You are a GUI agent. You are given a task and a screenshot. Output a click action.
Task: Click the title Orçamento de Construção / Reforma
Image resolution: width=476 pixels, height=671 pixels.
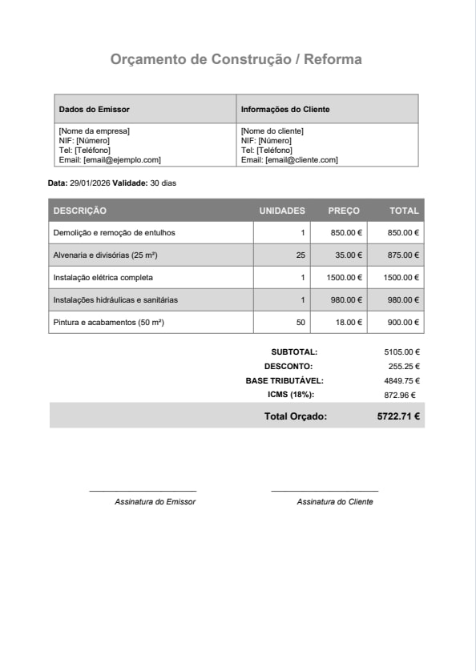pos(236,59)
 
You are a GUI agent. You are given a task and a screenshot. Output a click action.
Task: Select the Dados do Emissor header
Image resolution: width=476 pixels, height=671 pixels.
pos(94,110)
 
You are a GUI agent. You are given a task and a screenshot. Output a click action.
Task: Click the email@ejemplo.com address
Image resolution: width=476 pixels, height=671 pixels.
pos(122,160)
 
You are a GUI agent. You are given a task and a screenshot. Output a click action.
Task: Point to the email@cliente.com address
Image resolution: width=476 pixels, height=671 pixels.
pos(301,160)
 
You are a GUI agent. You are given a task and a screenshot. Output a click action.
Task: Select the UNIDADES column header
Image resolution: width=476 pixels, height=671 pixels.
pos(282,211)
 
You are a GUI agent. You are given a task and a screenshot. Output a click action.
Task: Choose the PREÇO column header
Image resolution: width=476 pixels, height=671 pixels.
pos(344,211)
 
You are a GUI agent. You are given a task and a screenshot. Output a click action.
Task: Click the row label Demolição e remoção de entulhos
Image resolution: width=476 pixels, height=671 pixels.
pos(114,233)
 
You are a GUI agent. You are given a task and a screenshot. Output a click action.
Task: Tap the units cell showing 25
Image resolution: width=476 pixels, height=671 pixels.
pos(301,255)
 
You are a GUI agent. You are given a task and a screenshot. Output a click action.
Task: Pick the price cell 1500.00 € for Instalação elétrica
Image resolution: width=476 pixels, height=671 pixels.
pos(345,278)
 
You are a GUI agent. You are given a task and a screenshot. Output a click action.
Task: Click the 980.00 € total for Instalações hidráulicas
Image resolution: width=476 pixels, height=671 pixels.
pos(404,300)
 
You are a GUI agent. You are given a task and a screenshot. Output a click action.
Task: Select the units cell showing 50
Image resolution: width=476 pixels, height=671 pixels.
pos(301,323)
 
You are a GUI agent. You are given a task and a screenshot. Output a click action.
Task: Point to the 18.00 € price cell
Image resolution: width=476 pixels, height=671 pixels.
pos(348,323)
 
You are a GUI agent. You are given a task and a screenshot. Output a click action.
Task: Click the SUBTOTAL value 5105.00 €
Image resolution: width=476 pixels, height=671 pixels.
pos(402,352)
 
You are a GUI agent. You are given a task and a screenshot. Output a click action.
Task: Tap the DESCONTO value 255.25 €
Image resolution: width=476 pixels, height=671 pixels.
pos(404,366)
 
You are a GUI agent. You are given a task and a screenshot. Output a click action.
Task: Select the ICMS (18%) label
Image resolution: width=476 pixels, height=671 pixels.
pos(291,395)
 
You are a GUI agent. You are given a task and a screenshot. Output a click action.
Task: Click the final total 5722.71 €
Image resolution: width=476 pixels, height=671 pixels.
pos(399,416)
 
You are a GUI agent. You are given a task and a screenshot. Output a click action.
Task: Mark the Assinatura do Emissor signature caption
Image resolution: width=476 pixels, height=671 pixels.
pos(155,502)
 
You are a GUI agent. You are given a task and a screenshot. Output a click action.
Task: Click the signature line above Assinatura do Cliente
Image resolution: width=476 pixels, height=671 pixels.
pos(325,491)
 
